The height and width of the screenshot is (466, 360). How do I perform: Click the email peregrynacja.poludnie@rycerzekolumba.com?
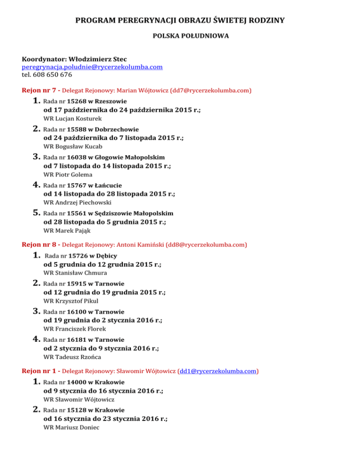click(92, 67)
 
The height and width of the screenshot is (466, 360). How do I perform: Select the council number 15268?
click(77, 101)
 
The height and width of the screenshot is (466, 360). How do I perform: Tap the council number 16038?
click(77, 157)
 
